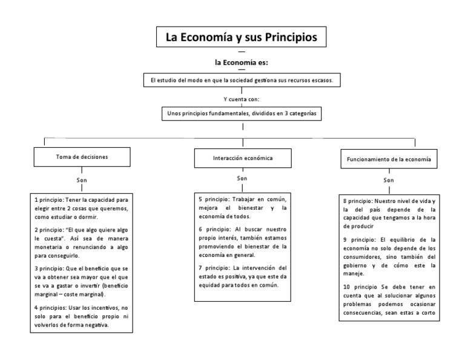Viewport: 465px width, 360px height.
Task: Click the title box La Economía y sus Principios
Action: [x=242, y=37]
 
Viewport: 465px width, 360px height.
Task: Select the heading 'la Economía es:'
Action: [x=242, y=62]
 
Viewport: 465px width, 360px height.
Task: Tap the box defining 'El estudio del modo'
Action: [x=242, y=80]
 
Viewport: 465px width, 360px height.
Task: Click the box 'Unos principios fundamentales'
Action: [x=242, y=113]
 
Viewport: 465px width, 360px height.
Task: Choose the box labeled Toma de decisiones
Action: [x=82, y=157]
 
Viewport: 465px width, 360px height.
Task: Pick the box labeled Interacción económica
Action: [x=242, y=158]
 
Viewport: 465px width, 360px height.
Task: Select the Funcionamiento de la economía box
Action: [x=388, y=159]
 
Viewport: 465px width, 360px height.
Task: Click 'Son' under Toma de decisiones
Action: [x=82, y=181]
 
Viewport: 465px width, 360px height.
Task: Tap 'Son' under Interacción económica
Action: [x=242, y=179]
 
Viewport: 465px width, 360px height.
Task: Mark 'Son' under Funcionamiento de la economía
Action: [x=388, y=180]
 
